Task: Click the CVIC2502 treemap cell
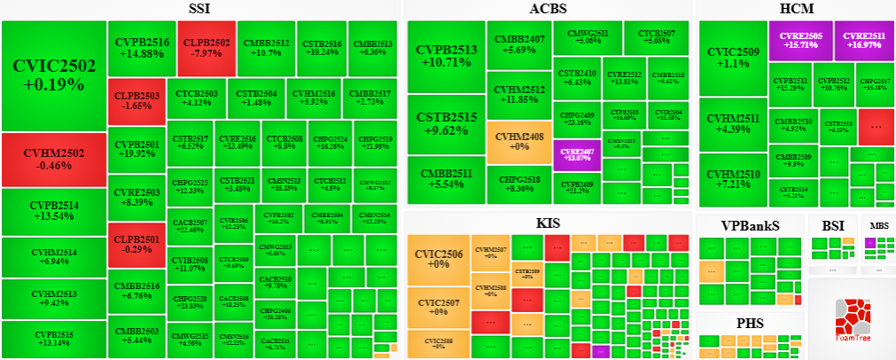[x=53, y=75]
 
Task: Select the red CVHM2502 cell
[x=53, y=159]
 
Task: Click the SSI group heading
[x=199, y=9]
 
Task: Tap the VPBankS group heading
[x=750, y=225]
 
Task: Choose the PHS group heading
[x=750, y=323]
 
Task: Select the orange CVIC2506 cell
[x=438, y=258]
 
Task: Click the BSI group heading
[x=832, y=225]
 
